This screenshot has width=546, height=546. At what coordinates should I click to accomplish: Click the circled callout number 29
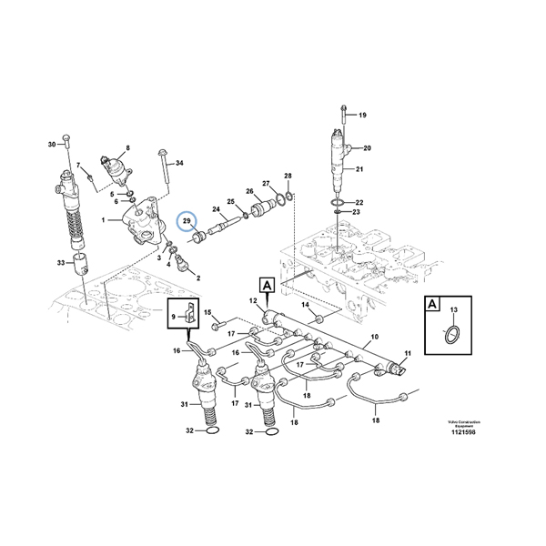pyautogui.click(x=187, y=221)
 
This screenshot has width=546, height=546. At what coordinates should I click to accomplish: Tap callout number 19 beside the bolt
pyautogui.click(x=361, y=116)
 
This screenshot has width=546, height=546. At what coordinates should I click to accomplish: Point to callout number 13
pyautogui.click(x=450, y=312)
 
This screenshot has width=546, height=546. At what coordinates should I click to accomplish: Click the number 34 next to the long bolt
pyautogui.click(x=179, y=163)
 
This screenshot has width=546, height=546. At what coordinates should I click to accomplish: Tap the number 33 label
pyautogui.click(x=62, y=263)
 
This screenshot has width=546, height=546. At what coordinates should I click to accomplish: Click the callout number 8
pyautogui.click(x=127, y=147)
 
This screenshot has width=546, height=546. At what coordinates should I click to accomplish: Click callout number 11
pyautogui.click(x=407, y=352)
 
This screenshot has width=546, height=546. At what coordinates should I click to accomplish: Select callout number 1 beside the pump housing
pyautogui.click(x=104, y=220)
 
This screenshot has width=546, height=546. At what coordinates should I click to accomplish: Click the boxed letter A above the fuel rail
pyautogui.click(x=267, y=284)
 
